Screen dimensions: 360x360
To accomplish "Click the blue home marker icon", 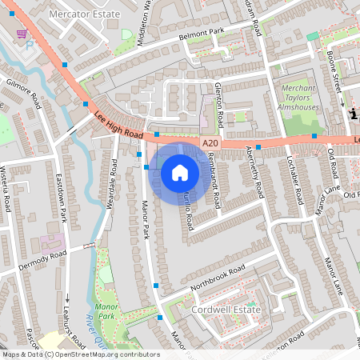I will (x=179, y=171).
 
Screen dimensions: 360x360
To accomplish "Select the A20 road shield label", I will (x=210, y=142).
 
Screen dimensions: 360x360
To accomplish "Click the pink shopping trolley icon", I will (x=22, y=34).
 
